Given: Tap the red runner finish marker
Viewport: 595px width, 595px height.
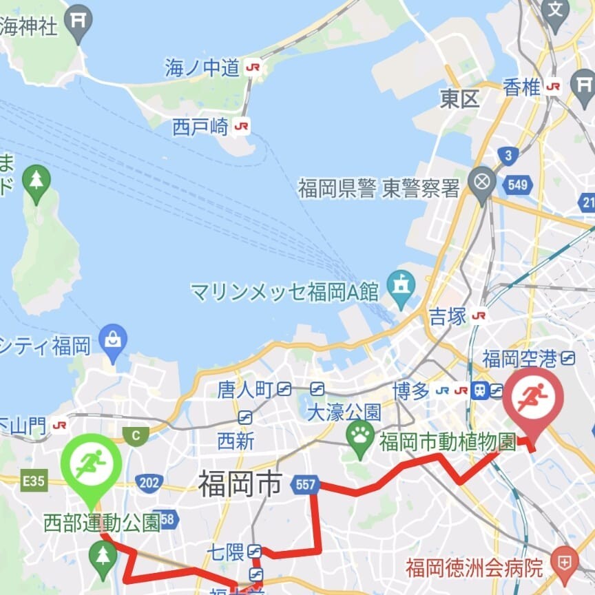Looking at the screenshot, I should pyautogui.click(x=532, y=398).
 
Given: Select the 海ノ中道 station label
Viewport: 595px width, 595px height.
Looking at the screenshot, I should pyautogui.click(x=202, y=67).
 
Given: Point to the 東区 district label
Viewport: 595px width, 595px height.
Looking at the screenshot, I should pyautogui.click(x=459, y=99).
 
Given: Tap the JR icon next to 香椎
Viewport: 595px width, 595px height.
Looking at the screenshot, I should pyautogui.click(x=552, y=87).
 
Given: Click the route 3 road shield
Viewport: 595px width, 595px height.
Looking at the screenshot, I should pyautogui.click(x=508, y=156).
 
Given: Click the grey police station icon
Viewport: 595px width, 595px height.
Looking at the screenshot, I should pyautogui.click(x=481, y=181).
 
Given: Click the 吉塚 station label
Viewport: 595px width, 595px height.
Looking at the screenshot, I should pyautogui.click(x=448, y=316).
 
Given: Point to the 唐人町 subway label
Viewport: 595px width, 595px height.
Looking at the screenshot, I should pyautogui.click(x=245, y=390).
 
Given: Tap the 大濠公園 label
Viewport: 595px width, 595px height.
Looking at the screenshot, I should pyautogui.click(x=344, y=413).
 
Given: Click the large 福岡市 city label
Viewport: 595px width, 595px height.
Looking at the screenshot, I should pyautogui.click(x=240, y=483).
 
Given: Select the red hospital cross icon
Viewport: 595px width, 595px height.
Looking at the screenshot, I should pyautogui.click(x=565, y=559).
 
